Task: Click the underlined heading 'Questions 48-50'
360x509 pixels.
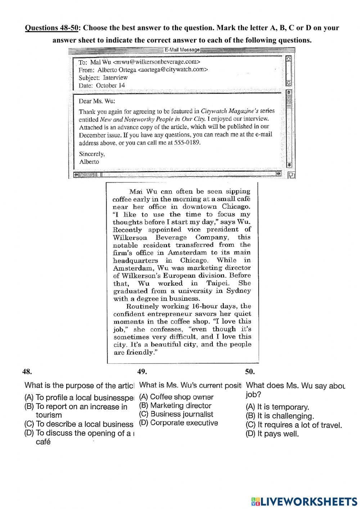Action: click(51, 28)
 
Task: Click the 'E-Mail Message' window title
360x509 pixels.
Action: click(182, 50)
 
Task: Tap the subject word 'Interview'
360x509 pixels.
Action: click(115, 78)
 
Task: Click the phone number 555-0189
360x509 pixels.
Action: click(187, 143)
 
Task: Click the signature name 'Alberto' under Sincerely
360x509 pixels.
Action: click(89, 162)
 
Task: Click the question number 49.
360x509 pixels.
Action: click(142, 372)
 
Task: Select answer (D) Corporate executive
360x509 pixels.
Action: click(179, 423)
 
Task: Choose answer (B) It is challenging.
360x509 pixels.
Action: click(280, 416)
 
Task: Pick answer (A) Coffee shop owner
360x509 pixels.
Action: click(176, 397)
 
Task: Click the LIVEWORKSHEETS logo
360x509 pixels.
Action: click(304, 501)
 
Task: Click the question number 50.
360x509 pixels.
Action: click(250, 372)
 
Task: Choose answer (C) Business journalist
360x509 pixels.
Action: click(176, 414)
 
